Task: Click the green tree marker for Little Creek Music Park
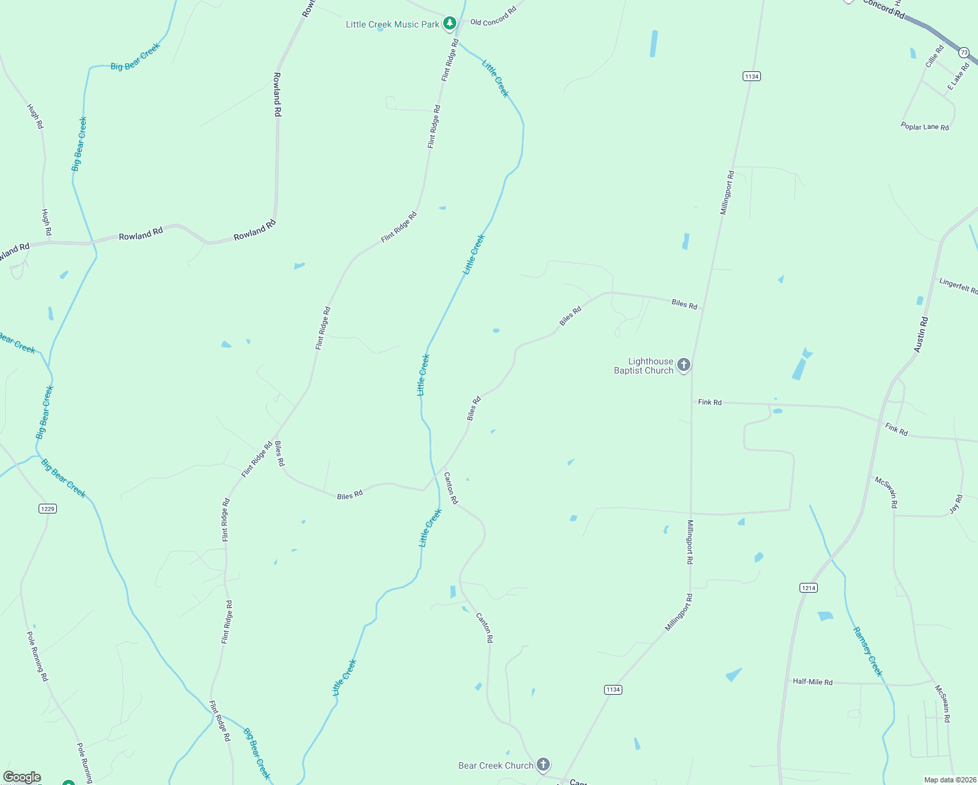(449, 24)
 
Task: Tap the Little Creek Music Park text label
(392, 25)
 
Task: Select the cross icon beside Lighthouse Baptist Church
(684, 365)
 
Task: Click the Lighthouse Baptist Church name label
(643, 366)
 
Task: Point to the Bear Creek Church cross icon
(543, 764)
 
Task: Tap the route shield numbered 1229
(47, 508)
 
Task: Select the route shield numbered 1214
(809, 587)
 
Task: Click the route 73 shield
(964, 52)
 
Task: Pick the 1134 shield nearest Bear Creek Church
(613, 689)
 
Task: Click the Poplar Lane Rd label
(924, 127)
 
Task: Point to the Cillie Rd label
(935, 56)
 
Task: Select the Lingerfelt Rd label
(958, 286)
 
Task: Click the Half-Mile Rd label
(813, 682)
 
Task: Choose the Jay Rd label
(956, 504)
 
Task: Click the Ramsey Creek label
(868, 652)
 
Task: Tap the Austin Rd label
(921, 335)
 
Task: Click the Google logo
(22, 777)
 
